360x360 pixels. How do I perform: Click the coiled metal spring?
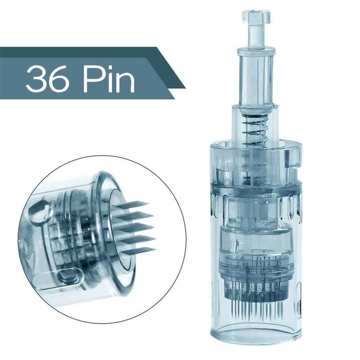pyautogui.click(x=255, y=129)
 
